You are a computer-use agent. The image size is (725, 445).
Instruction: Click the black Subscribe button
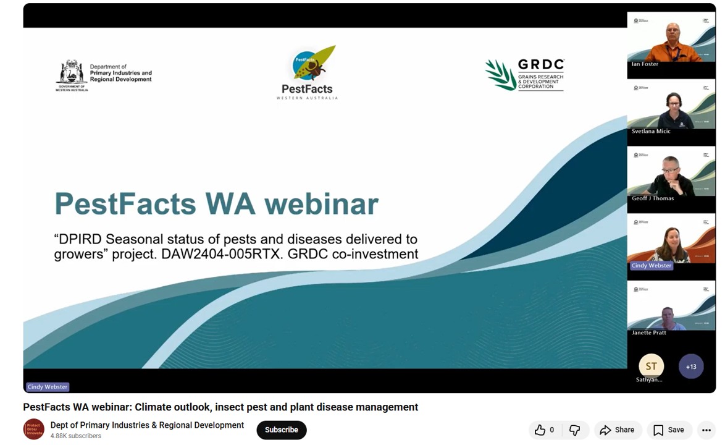282,430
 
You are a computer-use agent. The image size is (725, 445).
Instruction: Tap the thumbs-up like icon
540,430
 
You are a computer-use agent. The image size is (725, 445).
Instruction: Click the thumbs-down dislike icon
574,430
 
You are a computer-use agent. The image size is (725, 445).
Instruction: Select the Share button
617,430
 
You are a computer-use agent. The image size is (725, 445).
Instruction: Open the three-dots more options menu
706,430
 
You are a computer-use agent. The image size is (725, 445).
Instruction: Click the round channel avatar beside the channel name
34,429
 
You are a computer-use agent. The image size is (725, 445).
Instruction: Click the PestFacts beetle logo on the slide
312,64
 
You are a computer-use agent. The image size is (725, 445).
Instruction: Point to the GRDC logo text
540,65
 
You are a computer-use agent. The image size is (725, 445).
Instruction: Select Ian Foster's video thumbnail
671,43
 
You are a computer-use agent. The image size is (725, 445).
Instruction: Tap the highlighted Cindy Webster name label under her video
652,265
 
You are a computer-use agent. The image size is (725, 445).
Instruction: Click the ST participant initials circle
651,366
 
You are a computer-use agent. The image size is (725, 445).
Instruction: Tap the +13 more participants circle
691,367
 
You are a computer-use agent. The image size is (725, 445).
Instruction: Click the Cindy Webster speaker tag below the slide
48,387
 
